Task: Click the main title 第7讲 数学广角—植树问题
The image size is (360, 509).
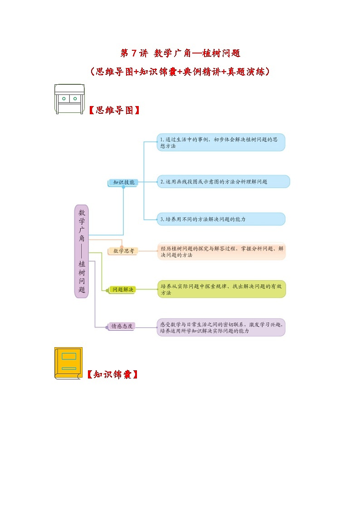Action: pyautogui.click(x=180, y=53)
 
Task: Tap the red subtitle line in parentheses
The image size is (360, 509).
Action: pyautogui.click(x=180, y=72)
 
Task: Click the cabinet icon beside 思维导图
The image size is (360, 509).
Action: pyautogui.click(x=69, y=99)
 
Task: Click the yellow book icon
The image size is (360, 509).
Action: pyautogui.click(x=68, y=363)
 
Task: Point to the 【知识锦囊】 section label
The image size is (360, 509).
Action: pyautogui.click(x=112, y=375)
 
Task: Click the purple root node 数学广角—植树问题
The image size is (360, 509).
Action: pyautogui.click(x=82, y=251)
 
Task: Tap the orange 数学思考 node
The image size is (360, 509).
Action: pyautogui.click(x=123, y=251)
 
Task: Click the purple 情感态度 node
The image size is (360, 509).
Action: pyautogui.click(x=122, y=326)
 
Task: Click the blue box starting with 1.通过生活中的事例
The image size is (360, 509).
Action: pyautogui.click(x=221, y=142)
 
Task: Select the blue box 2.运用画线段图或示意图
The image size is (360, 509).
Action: pyautogui.click(x=224, y=181)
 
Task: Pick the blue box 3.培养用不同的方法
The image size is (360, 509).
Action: pyautogui.click(x=221, y=219)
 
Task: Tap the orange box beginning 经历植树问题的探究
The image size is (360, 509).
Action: pyautogui.click(x=222, y=252)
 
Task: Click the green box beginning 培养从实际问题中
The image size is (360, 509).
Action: pyautogui.click(x=222, y=289)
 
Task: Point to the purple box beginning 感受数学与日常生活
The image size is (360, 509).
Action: pyautogui.click(x=222, y=328)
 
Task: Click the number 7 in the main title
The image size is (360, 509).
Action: pyautogui.click(x=134, y=53)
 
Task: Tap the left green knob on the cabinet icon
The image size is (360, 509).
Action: pyautogui.click(x=64, y=98)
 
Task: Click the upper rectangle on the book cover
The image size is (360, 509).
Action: pyautogui.click(x=68, y=356)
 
